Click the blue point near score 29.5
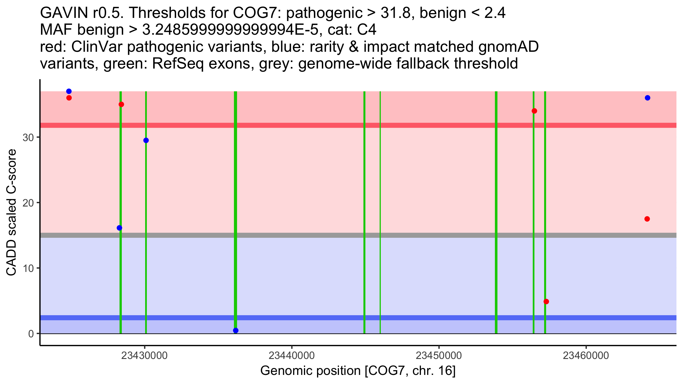pyautogui.click(x=146, y=140)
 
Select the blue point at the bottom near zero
pyautogui.click(x=236, y=330)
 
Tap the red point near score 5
pyautogui.click(x=546, y=302)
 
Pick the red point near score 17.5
pyautogui.click(x=647, y=219)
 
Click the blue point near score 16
pyautogui.click(x=120, y=228)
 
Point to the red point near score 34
pyautogui.click(x=534, y=111)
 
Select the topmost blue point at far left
pyautogui.click(x=69, y=91)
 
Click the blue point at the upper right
pyautogui.click(x=648, y=98)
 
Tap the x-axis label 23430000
pyautogui.click(x=144, y=356)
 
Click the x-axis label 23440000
pyautogui.click(x=292, y=356)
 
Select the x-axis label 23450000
pyautogui.click(x=439, y=356)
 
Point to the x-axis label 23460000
pyautogui.click(x=586, y=356)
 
